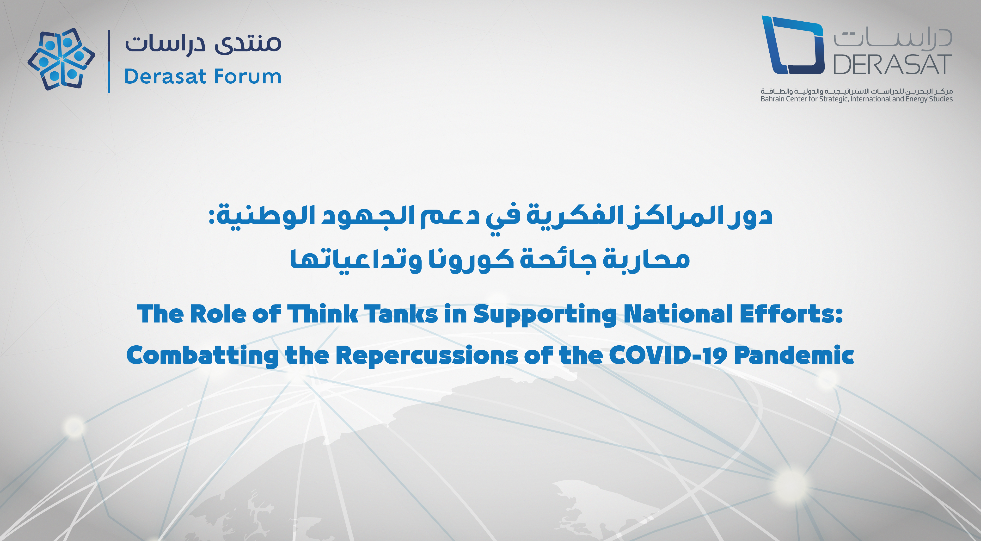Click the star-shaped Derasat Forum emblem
click(x=61, y=59)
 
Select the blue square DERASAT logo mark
click(x=792, y=44)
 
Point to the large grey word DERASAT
click(x=893, y=64)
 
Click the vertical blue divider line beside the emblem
click(x=109, y=61)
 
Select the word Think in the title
click(x=322, y=314)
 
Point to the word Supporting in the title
click(x=545, y=316)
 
